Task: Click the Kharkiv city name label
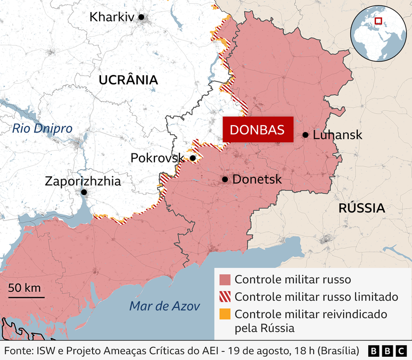tap(112, 17)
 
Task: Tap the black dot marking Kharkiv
tap(142, 17)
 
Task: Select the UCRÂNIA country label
tap(128, 80)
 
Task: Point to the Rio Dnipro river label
tap(42, 128)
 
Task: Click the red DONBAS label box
tap(258, 129)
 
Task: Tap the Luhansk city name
tap(337, 135)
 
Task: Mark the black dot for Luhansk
tap(306, 135)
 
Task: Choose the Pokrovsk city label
tap(157, 158)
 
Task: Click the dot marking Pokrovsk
tap(193, 158)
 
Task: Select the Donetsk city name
tap(257, 179)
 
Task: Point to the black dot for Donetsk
tap(225, 179)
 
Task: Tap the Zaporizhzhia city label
tap(83, 181)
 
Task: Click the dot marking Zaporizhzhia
tap(84, 192)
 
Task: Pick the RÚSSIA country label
tap(361, 208)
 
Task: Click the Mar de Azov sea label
tap(164, 306)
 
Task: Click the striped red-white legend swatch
tap(225, 297)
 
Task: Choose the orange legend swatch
tap(225, 314)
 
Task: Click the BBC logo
tap(387, 351)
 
